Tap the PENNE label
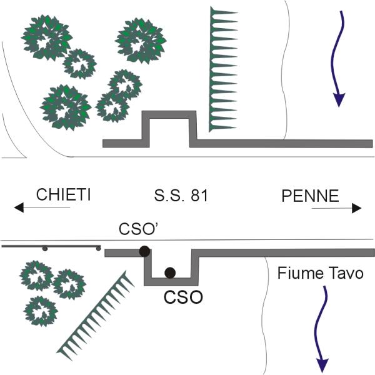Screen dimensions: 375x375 click(x=309, y=196)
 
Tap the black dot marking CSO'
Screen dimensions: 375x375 click(x=144, y=251)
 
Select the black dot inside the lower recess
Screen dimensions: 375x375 click(x=169, y=272)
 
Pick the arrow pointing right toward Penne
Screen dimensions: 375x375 click(x=334, y=208)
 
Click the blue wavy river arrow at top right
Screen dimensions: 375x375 click(x=339, y=59)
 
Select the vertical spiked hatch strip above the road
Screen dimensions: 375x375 click(x=219, y=69)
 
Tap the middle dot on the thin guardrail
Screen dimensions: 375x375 click(x=45, y=249)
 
